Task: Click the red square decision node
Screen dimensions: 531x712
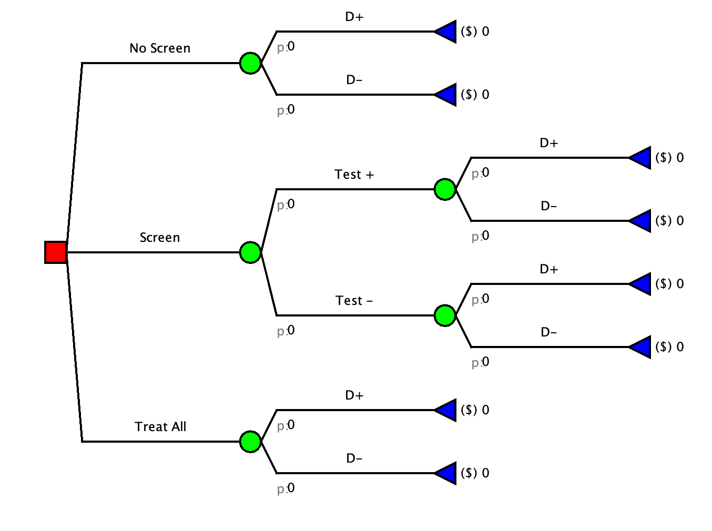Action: pos(56,252)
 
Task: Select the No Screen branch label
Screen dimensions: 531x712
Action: pos(160,48)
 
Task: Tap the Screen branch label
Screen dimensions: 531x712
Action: pos(160,238)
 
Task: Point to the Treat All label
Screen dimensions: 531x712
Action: pos(160,427)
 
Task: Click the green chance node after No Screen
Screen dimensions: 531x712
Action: pos(250,63)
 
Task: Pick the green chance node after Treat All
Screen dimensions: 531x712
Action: pos(250,442)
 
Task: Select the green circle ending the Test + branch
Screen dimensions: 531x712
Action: pos(445,189)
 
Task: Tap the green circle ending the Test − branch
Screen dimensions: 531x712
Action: pos(445,315)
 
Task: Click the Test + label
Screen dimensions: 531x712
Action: pos(354,175)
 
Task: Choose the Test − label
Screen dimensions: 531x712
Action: pos(354,301)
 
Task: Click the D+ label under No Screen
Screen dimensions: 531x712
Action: pos(354,17)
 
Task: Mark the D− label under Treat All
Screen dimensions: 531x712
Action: pos(354,458)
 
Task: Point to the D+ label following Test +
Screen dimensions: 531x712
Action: pos(548,143)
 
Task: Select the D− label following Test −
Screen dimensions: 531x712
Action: pos(548,332)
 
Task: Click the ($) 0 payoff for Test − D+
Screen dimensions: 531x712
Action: pos(669,284)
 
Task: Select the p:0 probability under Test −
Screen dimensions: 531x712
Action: pos(286,331)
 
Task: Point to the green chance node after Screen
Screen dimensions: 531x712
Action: pos(250,252)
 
